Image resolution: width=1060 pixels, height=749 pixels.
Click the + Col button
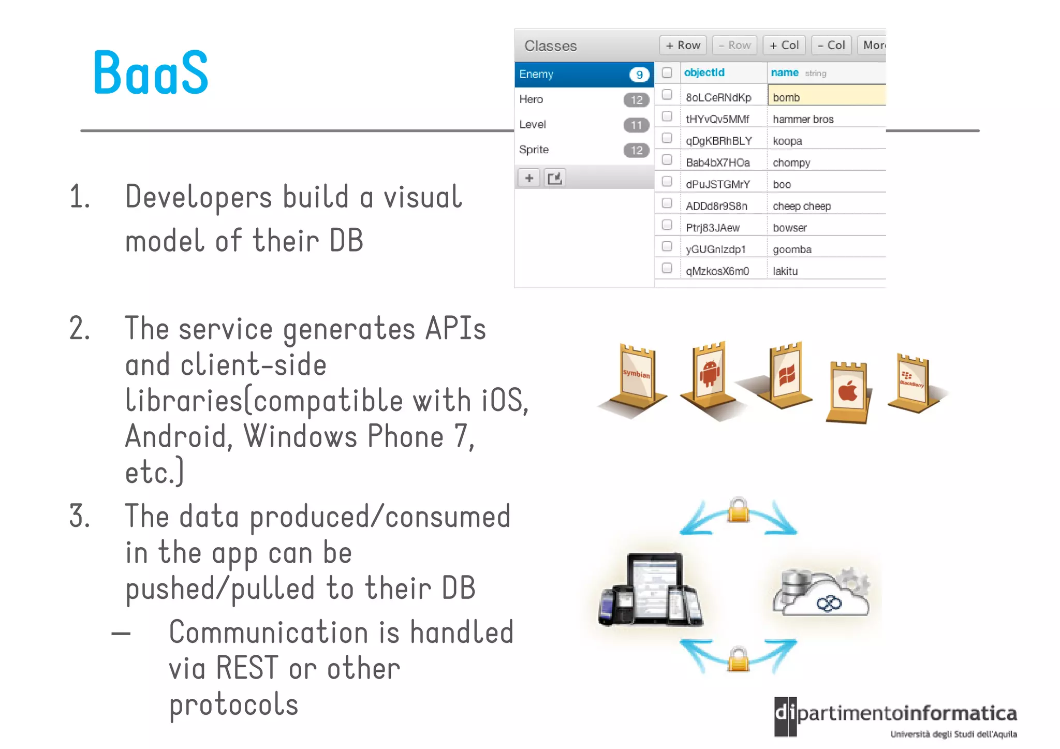784,46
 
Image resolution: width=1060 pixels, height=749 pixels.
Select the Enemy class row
584,75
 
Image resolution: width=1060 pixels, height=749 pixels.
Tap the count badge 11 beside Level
636,125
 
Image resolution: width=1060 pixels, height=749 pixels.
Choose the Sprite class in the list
534,150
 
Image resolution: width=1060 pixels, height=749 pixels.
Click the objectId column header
704,73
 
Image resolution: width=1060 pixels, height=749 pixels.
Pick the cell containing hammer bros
803,120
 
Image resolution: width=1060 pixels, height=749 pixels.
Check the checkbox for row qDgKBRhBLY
667,138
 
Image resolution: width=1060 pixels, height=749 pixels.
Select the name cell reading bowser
790,228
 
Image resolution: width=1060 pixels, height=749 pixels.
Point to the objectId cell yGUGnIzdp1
716,249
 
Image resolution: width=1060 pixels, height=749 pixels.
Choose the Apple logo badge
848,392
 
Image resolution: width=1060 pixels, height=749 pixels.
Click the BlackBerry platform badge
912,381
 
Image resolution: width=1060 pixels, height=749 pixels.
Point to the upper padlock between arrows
738,511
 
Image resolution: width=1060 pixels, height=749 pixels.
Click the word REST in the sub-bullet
247,668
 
